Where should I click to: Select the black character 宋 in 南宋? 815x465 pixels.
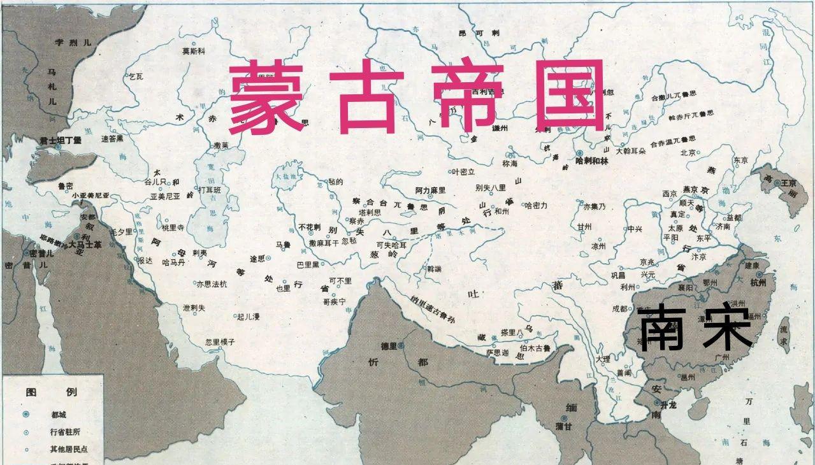click(728, 325)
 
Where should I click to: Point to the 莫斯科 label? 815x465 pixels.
click(194, 52)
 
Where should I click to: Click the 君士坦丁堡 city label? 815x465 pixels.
click(61, 139)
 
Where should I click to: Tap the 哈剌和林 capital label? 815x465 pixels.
click(592, 161)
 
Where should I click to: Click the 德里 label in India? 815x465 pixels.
click(389, 346)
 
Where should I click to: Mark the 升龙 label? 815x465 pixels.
click(668, 404)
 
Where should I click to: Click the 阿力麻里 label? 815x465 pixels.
click(431, 190)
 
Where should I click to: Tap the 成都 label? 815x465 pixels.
click(619, 309)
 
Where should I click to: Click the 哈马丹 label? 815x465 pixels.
click(173, 262)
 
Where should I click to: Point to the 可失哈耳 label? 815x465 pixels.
click(391, 244)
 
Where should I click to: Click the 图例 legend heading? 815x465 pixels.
click(52, 392)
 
